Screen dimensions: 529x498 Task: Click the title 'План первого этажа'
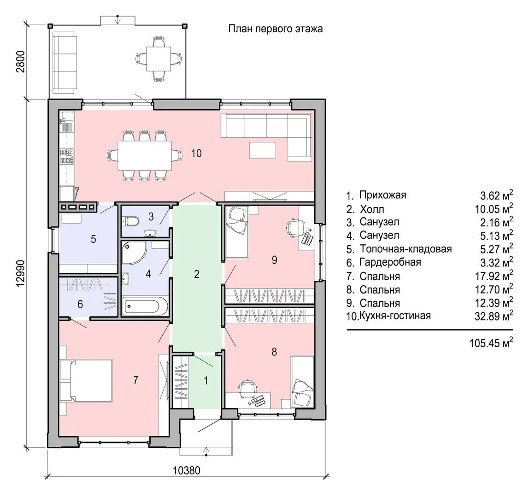click(275, 29)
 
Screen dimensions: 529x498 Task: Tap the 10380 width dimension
click(187, 470)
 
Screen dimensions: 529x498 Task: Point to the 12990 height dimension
click(21, 273)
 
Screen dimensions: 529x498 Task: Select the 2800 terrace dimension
click(21, 61)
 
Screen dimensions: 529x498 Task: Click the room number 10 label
click(196, 153)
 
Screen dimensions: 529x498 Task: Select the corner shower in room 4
click(134, 252)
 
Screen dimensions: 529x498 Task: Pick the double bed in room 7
click(86, 380)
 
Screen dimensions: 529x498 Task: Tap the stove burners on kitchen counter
click(66, 157)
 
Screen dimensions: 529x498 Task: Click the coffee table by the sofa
click(263, 150)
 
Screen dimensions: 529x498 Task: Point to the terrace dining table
click(158, 59)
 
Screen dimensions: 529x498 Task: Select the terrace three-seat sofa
click(64, 63)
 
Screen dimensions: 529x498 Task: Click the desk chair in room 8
click(248, 389)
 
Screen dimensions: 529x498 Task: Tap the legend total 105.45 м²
click(491, 343)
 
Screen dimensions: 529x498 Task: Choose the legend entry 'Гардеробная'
click(390, 262)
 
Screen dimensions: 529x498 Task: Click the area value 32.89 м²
click(494, 316)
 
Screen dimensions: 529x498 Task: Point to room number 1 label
click(206, 381)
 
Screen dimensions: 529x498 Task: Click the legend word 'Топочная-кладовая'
click(406, 249)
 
